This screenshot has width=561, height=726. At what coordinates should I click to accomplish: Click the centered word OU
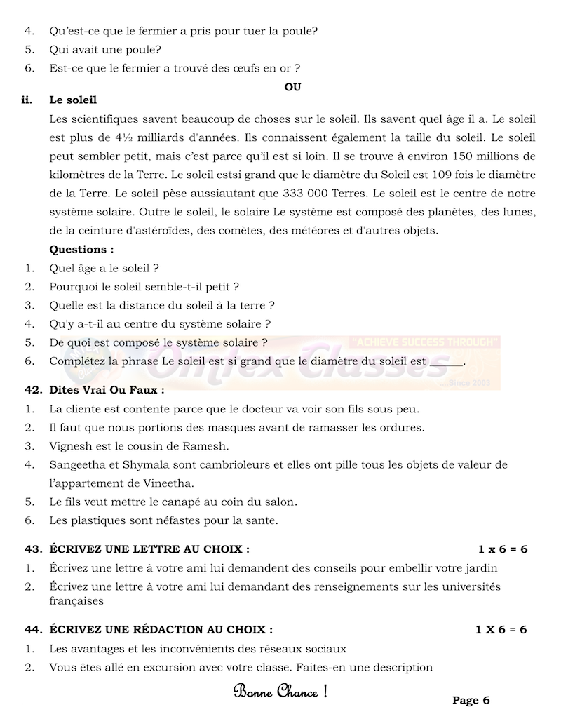tap(292, 87)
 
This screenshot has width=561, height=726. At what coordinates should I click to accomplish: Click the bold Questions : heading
tap(81, 249)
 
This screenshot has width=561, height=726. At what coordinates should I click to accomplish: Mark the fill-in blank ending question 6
tap(446, 362)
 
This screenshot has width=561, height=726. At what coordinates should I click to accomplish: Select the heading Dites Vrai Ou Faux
tap(107, 389)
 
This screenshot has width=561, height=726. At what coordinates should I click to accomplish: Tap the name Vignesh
tap(70, 445)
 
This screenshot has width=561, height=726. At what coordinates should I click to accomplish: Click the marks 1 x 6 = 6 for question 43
tap(502, 549)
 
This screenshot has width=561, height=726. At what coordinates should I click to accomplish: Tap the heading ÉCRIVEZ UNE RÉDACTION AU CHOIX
tap(161, 630)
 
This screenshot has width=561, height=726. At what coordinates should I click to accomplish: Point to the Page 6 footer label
tap(471, 700)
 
